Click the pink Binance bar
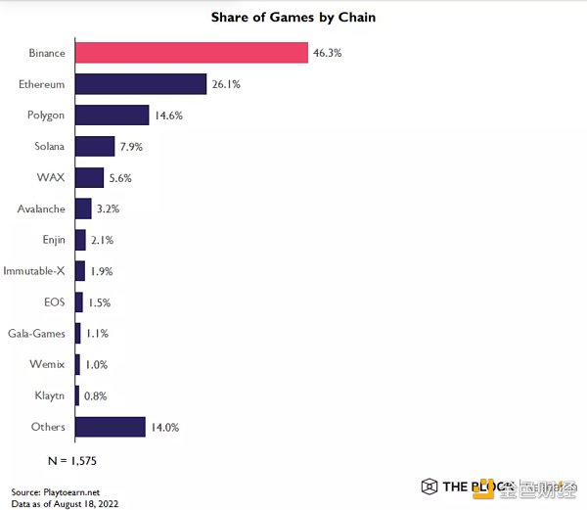pos(191,53)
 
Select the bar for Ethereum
pos(140,84)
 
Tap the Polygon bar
pos(112,116)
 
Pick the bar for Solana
pos(95,147)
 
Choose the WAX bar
pos(89,177)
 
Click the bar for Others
pos(110,427)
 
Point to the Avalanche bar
pos(83,209)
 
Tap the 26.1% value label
pos(227,84)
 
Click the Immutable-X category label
pos(34,271)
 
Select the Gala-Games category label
pos(36,334)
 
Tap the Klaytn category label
pos(49,395)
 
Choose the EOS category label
pos(55,302)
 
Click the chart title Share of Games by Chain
pos(293,18)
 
